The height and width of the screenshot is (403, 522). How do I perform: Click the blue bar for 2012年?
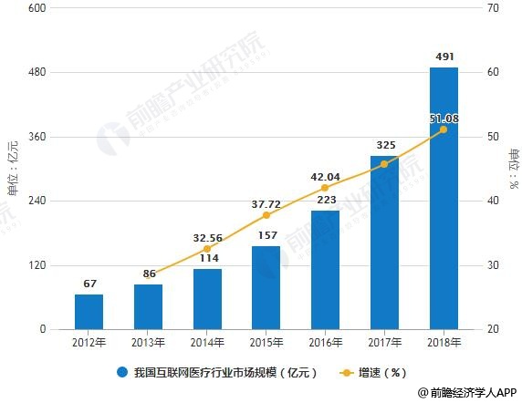[x=89, y=312]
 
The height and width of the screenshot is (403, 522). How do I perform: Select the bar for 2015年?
[x=266, y=287]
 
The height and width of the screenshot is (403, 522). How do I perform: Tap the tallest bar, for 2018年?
[x=444, y=198]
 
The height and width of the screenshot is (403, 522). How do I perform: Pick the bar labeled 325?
[x=384, y=243]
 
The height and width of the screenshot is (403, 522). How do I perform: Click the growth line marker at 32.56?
[x=207, y=249]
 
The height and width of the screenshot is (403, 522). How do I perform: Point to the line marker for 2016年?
[x=325, y=188]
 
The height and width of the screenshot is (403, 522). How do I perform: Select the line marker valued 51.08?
[x=444, y=129]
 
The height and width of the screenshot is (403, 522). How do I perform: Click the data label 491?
[x=444, y=57]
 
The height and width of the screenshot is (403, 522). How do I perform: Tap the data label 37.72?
[x=266, y=203]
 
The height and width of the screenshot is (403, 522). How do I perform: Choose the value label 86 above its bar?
[x=149, y=273]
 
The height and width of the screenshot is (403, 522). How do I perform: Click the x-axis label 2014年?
[x=207, y=344]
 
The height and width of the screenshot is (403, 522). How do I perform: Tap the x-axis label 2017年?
[x=384, y=344]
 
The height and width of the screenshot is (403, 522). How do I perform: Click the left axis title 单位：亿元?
[x=12, y=169]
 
